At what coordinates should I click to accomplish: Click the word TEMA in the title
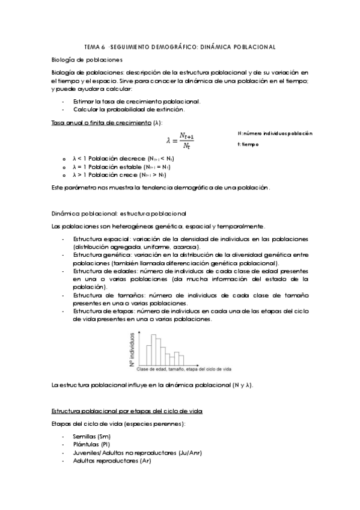coord(91,46)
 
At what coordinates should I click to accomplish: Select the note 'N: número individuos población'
coord(275,133)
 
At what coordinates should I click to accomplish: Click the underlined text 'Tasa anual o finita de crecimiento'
coord(102,122)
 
